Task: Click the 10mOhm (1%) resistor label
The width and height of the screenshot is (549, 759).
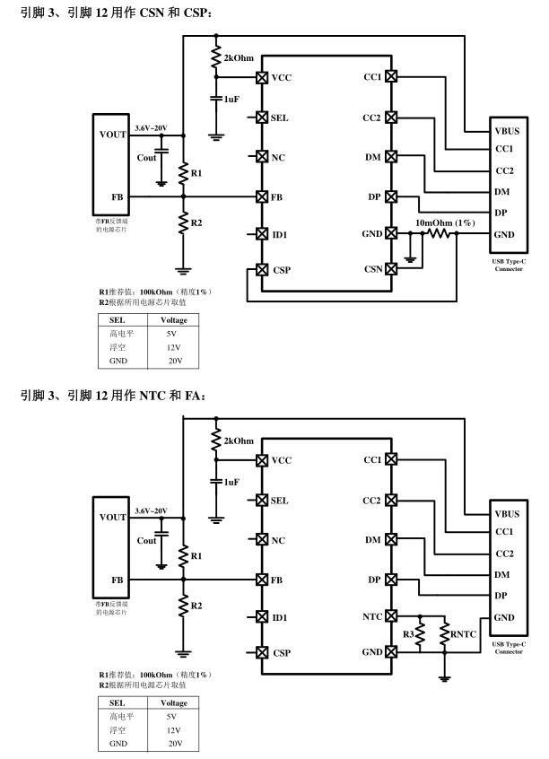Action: tap(446, 222)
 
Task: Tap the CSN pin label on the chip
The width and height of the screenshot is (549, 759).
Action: tap(372, 269)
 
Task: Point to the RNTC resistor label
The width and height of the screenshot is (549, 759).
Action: tap(464, 635)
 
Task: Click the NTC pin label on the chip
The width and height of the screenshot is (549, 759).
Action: tap(372, 617)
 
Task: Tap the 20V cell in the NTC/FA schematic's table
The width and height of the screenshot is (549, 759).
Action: tap(174, 744)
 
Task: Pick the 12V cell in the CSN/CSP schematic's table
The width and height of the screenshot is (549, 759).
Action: tap(174, 347)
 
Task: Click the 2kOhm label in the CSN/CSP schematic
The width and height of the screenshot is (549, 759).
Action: tap(239, 57)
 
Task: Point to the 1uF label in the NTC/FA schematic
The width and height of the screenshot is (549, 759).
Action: tap(231, 482)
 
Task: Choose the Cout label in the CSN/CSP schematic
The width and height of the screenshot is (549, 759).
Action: tap(146, 158)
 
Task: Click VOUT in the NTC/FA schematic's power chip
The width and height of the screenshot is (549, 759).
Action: tap(113, 517)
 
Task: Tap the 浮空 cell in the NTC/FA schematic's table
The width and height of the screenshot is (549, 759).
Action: tap(118, 730)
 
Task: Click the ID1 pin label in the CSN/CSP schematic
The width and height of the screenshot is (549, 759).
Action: tap(280, 234)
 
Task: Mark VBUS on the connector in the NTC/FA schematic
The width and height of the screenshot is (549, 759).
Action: tap(508, 514)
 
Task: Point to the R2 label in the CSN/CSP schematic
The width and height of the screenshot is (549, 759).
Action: tap(196, 222)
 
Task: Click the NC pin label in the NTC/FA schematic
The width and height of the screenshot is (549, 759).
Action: tap(278, 540)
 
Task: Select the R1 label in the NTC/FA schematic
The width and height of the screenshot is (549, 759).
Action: tap(196, 556)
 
